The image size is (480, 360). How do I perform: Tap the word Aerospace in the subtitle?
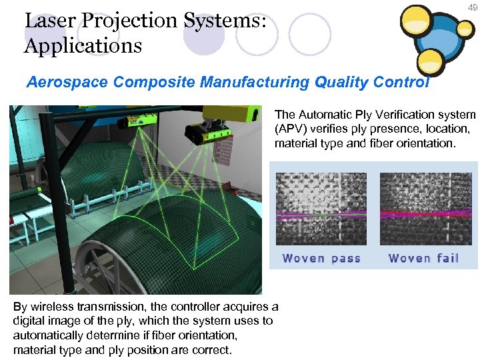point(67,83)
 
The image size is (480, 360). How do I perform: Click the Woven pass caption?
point(321,258)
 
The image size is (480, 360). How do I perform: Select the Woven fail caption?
point(423,258)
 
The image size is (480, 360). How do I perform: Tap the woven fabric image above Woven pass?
point(321,209)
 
